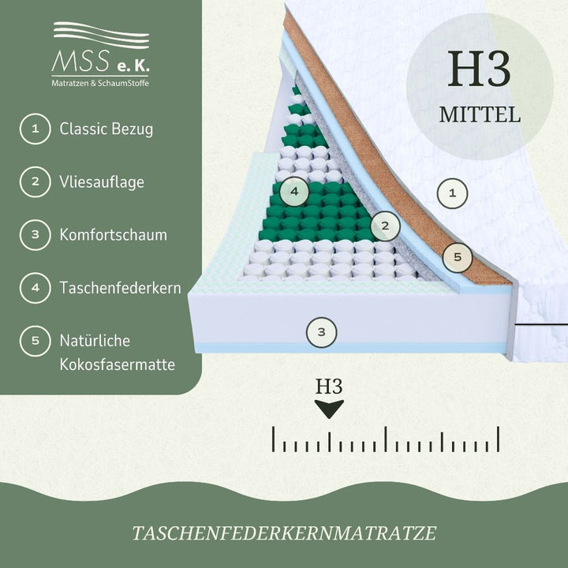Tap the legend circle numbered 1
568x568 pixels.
(x=35, y=129)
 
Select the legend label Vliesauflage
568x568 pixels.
(x=102, y=182)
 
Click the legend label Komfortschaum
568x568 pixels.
(x=114, y=235)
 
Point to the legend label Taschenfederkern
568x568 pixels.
(x=120, y=288)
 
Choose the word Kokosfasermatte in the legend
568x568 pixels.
(x=118, y=364)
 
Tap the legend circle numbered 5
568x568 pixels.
(x=35, y=341)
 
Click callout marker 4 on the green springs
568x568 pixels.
(x=294, y=191)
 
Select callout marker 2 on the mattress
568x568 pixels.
(x=385, y=226)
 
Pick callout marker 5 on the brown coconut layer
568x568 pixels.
(x=458, y=257)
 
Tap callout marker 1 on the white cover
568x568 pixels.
(x=452, y=193)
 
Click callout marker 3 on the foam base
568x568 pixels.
(x=321, y=332)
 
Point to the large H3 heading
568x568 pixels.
(x=480, y=69)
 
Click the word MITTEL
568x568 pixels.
(x=480, y=115)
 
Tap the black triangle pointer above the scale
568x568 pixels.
(x=329, y=409)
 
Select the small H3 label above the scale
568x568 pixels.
(x=329, y=386)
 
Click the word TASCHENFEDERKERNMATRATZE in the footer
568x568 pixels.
(x=284, y=533)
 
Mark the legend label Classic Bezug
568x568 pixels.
(x=106, y=129)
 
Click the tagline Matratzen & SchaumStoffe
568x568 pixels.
(x=100, y=83)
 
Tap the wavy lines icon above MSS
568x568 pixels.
(x=101, y=35)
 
